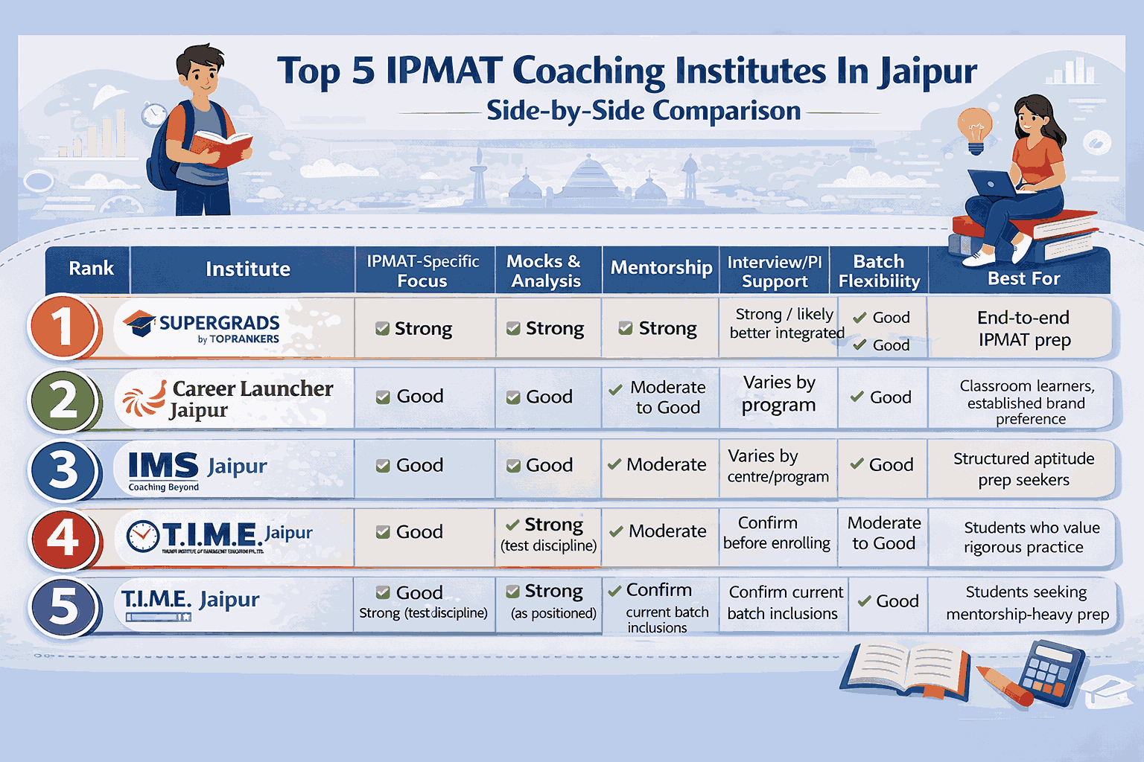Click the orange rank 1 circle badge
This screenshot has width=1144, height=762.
[x=63, y=327]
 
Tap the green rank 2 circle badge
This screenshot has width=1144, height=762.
[x=63, y=400]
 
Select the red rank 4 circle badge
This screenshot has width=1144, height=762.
[x=63, y=537]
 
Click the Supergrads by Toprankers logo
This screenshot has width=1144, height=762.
[x=203, y=328]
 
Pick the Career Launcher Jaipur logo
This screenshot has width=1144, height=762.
[x=229, y=399]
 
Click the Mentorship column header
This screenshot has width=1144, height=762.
[x=661, y=269]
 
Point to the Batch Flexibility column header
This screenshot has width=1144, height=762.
[x=879, y=271]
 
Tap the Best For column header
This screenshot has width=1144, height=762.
[x=1023, y=278]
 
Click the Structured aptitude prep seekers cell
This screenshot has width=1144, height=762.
[x=1023, y=469]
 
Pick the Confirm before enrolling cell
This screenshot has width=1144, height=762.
[x=776, y=533]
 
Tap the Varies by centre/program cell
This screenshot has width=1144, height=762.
[x=778, y=466]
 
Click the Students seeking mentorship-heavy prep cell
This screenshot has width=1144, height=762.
[x=1026, y=603]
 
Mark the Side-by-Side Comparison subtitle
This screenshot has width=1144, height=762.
[x=643, y=111]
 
